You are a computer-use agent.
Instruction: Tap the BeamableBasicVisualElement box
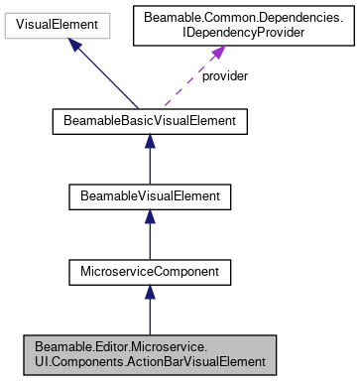(149, 123)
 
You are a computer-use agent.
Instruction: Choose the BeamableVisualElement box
(149, 196)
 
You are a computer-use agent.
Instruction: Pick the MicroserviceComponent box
(149, 270)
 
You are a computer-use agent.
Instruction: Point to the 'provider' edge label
(225, 75)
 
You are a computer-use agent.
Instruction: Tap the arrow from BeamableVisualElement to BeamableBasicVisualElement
(149, 161)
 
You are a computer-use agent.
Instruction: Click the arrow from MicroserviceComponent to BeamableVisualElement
(149, 234)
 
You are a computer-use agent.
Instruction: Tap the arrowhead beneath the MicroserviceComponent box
(149, 290)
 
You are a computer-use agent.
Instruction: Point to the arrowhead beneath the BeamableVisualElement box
(149, 216)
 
